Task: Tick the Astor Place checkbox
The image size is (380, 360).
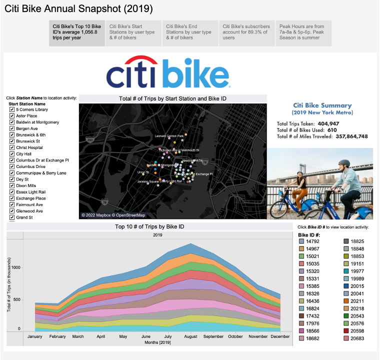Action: pyautogui.click(x=12, y=116)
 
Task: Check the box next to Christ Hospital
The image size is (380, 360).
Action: pyautogui.click(x=12, y=148)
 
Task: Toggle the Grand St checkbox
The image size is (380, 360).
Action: pyautogui.click(x=12, y=217)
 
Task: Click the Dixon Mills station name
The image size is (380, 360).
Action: pyautogui.click(x=26, y=185)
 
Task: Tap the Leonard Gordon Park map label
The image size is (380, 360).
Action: pyautogui.click(x=169, y=136)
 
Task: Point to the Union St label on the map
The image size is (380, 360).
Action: pyautogui.click(x=143, y=172)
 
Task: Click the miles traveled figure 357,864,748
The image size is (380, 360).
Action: pyautogui.click(x=351, y=136)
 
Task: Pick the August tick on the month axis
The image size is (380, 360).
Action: pyautogui.click(x=190, y=336)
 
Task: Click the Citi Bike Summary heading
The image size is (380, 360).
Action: pyautogui.click(x=322, y=105)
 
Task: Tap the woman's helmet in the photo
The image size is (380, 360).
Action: pyautogui.click(x=299, y=172)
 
